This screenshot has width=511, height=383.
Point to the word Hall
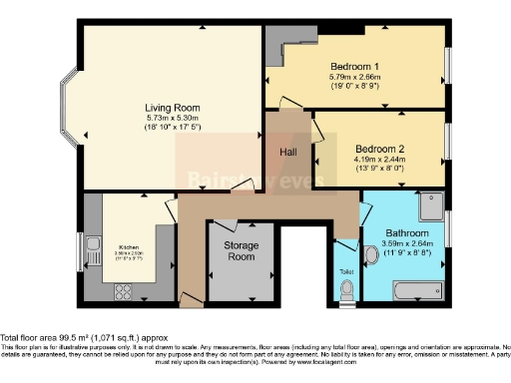click(x=287, y=152)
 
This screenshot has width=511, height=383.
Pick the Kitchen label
click(x=129, y=246)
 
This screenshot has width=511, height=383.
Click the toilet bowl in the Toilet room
click(x=346, y=290)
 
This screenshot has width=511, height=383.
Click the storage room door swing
click(x=230, y=225)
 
